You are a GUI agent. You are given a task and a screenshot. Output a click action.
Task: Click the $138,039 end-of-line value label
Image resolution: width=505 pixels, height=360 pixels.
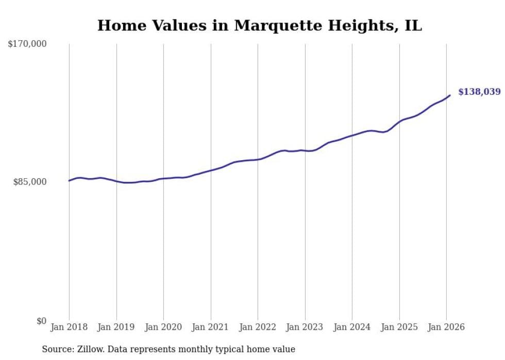[479, 92]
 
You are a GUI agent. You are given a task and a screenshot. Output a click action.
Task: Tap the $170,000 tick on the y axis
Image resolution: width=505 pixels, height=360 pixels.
[27, 44]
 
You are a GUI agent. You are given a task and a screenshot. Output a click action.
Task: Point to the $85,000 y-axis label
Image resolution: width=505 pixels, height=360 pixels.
[30, 182]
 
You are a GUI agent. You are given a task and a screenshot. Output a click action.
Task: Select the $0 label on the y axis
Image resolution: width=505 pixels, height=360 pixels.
[41, 321]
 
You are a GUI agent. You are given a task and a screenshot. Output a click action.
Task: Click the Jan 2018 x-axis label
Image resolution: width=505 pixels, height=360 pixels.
[69, 328]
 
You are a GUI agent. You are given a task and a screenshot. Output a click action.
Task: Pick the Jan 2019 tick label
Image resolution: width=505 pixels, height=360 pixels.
[116, 328]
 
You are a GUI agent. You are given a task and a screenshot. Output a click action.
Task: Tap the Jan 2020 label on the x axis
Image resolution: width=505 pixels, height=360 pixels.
[163, 328]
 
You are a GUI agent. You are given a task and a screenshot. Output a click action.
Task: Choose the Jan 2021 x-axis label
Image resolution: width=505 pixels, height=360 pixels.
[211, 328]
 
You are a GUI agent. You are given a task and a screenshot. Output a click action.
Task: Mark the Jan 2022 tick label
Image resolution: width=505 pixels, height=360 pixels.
[258, 328]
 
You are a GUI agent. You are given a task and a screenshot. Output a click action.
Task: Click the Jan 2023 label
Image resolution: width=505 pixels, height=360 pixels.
[305, 328]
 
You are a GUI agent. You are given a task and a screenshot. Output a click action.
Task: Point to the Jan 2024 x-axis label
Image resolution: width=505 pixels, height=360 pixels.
[352, 328]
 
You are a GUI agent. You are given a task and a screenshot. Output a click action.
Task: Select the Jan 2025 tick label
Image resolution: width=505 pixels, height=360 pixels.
[399, 328]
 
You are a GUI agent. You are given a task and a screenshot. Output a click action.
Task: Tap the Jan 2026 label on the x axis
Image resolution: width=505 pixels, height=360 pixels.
[446, 328]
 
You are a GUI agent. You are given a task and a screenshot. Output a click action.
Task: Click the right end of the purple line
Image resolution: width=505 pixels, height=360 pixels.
[450, 95]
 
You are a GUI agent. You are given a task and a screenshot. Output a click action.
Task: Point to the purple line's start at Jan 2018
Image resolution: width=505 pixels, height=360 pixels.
[69, 180]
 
